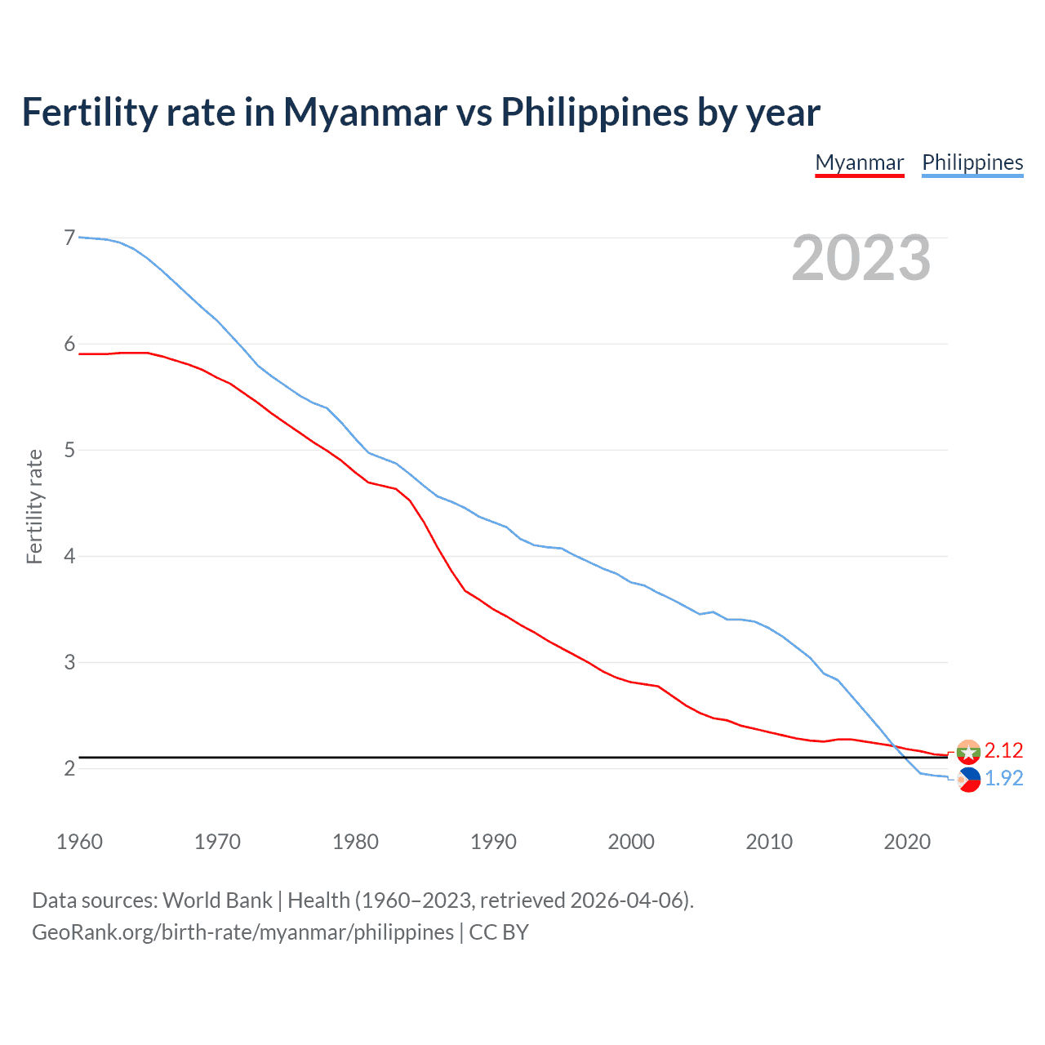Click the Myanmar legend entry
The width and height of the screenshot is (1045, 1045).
(859, 162)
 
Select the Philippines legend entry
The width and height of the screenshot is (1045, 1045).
(972, 162)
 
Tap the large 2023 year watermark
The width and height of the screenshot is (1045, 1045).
(860, 258)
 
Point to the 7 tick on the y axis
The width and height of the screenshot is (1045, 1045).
(69, 238)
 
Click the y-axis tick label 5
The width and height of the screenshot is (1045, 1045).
(69, 450)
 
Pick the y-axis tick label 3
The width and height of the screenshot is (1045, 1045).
(69, 662)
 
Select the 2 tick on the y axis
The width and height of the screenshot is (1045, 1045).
(69, 768)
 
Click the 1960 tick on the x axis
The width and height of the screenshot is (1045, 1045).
(79, 842)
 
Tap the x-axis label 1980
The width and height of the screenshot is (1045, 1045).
(355, 842)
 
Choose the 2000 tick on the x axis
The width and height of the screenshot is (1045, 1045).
(631, 842)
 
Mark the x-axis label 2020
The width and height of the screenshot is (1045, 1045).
(907, 842)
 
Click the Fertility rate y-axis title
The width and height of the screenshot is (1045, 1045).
(34, 506)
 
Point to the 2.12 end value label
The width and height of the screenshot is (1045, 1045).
(1003, 750)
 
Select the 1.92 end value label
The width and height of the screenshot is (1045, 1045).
(1003, 779)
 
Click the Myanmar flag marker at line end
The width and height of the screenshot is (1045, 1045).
(968, 751)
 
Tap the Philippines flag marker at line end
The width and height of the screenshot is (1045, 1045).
(968, 780)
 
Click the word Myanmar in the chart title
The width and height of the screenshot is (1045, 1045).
(365, 112)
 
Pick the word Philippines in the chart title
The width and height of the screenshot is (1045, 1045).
(594, 112)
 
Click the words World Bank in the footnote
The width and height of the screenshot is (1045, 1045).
(217, 900)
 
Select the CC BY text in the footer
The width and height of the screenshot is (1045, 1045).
(499, 932)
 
